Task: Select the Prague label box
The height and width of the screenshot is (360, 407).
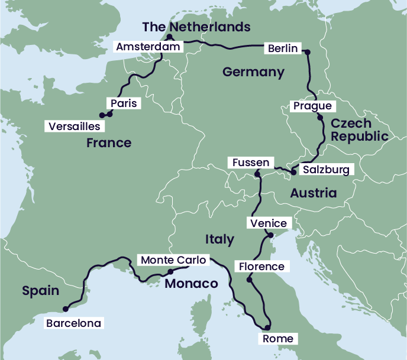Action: click(x=313, y=106)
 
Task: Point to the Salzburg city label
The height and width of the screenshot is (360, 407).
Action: click(x=326, y=170)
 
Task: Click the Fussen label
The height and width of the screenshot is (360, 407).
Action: click(x=251, y=163)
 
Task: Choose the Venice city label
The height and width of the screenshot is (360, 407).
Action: click(x=269, y=223)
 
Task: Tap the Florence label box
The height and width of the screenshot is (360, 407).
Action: click(x=261, y=267)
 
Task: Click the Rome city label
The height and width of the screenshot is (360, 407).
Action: click(x=277, y=339)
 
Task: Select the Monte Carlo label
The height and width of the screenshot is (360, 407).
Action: click(x=173, y=260)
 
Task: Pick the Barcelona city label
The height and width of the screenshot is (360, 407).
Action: click(x=74, y=323)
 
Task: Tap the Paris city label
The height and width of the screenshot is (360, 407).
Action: click(x=123, y=103)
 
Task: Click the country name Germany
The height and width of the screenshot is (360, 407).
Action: click(x=253, y=72)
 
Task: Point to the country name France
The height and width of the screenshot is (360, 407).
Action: click(x=109, y=143)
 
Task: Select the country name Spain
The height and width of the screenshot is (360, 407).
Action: click(x=41, y=290)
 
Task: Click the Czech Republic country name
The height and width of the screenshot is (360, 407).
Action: click(x=359, y=130)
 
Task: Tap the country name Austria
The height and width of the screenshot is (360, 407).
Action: click(x=313, y=193)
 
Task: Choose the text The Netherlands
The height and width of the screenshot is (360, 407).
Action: click(x=196, y=27)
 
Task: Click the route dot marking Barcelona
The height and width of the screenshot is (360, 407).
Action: click(x=65, y=308)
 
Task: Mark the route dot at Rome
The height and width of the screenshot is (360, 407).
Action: click(x=267, y=327)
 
